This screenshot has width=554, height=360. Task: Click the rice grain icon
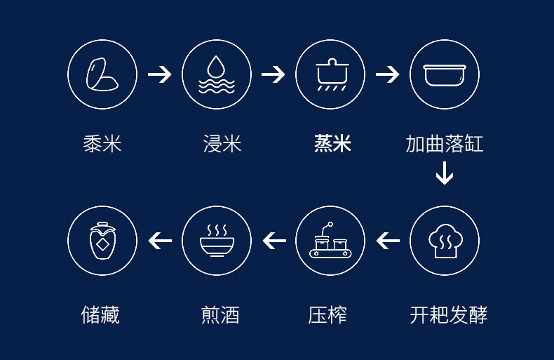(102, 74)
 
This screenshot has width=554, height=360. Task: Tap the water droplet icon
(216, 74)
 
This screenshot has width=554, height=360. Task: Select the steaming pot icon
(330, 74)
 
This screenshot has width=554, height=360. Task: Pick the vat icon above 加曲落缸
(444, 74)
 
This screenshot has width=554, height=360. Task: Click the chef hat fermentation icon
(444, 241)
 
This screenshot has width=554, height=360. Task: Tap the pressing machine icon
(330, 241)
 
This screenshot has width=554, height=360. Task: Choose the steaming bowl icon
(216, 241)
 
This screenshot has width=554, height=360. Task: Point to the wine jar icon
(102, 241)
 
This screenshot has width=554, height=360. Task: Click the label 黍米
(102, 144)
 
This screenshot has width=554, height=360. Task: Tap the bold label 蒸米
(332, 144)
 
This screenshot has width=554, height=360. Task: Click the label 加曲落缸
(444, 144)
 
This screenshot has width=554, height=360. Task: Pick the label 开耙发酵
(448, 315)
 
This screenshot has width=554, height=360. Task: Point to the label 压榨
(327, 315)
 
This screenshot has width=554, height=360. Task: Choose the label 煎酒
(220, 315)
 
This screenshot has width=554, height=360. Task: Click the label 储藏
(100, 315)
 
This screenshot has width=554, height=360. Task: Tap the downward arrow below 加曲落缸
(444, 173)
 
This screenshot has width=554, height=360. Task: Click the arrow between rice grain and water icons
(159, 74)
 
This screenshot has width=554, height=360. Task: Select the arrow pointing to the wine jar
(160, 241)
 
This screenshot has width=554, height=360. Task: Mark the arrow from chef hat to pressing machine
(388, 241)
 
